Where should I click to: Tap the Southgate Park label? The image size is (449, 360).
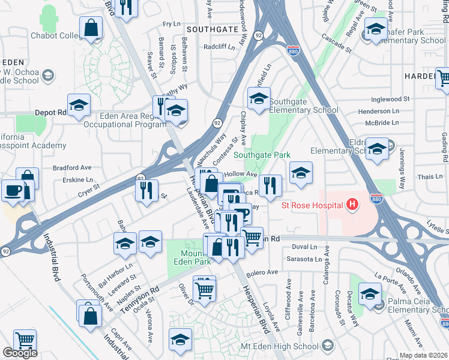[x=262, y=155]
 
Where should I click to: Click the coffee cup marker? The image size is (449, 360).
[x=13, y=190]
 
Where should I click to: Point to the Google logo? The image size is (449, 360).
[x=20, y=353]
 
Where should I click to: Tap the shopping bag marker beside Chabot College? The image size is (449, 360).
[x=91, y=28]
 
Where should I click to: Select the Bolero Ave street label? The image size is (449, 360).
[x=262, y=272]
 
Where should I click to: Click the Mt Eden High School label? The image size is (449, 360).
[x=286, y=346]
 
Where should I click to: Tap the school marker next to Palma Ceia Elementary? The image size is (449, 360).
[x=370, y=294]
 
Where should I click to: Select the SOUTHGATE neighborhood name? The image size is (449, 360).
[x=212, y=29]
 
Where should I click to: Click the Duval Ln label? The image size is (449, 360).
[x=304, y=247]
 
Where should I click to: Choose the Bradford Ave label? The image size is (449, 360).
[x=71, y=167]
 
